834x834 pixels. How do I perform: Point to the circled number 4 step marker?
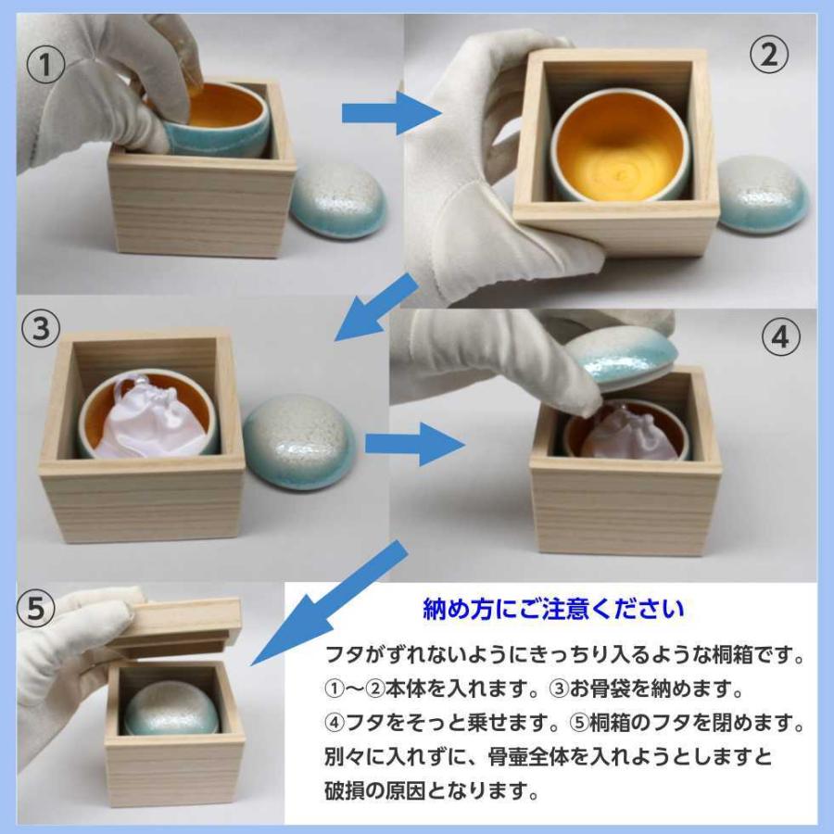pyautogui.click(x=780, y=338)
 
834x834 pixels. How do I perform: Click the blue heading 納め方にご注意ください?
pyautogui.click(x=553, y=609)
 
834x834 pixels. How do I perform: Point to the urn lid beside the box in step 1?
pyautogui.click(x=337, y=201)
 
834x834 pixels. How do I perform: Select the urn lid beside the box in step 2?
pyautogui.click(x=762, y=194)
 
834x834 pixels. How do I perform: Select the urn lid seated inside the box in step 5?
pyautogui.click(x=171, y=711)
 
